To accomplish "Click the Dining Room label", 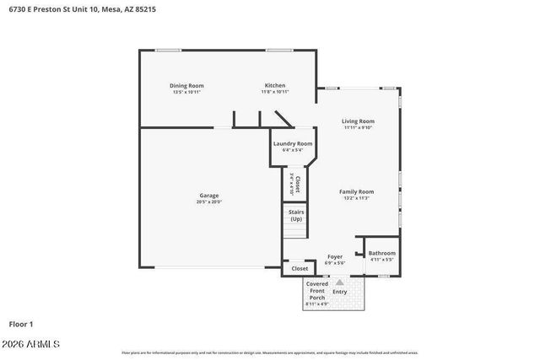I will (187, 85).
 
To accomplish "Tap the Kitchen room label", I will (275, 85).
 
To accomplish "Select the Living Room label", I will (359, 121).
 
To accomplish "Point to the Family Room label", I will (357, 191).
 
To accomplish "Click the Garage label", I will (209, 196).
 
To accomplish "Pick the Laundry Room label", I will (293, 144).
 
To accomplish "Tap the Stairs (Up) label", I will (296, 216).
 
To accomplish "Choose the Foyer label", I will (335, 257).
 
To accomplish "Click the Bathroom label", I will (381, 253).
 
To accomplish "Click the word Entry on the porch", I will (340, 292).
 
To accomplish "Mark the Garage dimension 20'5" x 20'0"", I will (209, 202).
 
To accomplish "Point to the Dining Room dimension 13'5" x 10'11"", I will (187, 92).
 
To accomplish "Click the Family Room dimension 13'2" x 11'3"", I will (357, 198).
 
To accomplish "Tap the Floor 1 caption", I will (21, 323).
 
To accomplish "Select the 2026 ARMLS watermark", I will (31, 344).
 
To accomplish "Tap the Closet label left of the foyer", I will (300, 269).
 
